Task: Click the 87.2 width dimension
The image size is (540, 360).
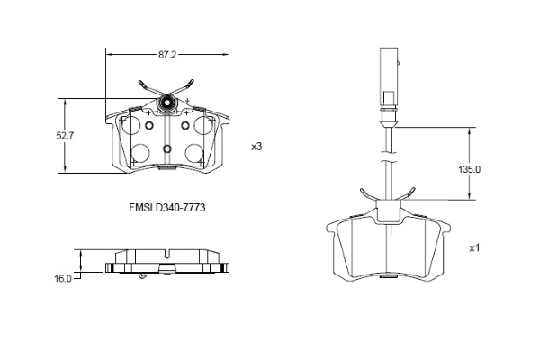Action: coord(166,55)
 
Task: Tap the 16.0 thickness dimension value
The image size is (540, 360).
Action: coord(62,279)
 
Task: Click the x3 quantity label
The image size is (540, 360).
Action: coord(256,146)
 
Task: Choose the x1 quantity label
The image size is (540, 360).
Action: coord(474,247)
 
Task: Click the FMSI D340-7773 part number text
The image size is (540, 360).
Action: coord(167,206)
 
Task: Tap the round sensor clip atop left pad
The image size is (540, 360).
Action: coord(166,105)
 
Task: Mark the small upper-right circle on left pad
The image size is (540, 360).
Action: coord(185,126)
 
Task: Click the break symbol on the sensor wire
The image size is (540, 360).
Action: coord(386,162)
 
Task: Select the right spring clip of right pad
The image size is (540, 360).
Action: coord(407,194)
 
